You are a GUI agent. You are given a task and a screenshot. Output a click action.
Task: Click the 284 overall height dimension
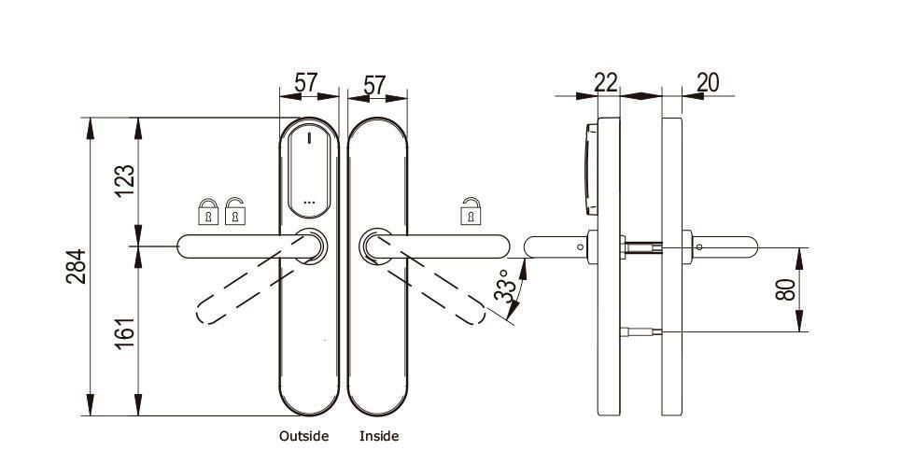pyautogui.click(x=76, y=266)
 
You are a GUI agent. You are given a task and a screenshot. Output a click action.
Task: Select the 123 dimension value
pyautogui.click(x=125, y=181)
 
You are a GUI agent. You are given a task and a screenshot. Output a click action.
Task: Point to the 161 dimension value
pyautogui.click(x=125, y=332)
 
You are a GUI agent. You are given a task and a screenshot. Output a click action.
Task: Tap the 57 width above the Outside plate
pyautogui.click(x=306, y=83)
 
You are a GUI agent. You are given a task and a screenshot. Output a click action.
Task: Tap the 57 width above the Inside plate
pyautogui.click(x=374, y=85)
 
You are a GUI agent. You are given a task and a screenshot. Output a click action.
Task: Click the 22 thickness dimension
pyautogui.click(x=606, y=82)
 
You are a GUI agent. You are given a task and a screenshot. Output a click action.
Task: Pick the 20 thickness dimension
pyautogui.click(x=708, y=83)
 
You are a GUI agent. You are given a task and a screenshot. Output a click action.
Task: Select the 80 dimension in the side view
pyautogui.click(x=786, y=289)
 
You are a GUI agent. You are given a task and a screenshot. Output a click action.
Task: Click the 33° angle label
pyautogui.click(x=506, y=286)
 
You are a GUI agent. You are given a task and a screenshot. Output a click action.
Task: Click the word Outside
pyautogui.click(x=303, y=436)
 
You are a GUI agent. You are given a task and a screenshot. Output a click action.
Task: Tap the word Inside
pyautogui.click(x=379, y=436)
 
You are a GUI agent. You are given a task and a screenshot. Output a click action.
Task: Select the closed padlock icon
pyautogui.click(x=208, y=212)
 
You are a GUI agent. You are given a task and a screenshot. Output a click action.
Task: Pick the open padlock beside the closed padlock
pyautogui.click(x=234, y=211)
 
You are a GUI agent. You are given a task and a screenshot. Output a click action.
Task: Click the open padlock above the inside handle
pyautogui.click(x=471, y=211)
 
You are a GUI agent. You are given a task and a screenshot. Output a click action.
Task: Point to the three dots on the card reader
pyautogui.click(x=309, y=202)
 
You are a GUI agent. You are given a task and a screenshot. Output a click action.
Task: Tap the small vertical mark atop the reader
pyautogui.click(x=309, y=139)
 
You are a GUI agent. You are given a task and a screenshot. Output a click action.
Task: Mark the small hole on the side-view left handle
pyautogui.click(x=580, y=247)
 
